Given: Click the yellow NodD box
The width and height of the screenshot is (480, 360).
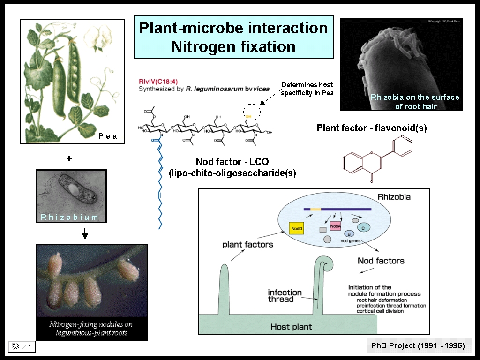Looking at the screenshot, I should (x=296, y=228).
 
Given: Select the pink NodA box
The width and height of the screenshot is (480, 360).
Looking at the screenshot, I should (x=335, y=226).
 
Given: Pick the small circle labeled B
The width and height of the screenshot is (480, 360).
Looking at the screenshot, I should (x=349, y=233).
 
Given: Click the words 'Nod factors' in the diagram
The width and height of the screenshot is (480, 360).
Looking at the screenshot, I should (x=381, y=261).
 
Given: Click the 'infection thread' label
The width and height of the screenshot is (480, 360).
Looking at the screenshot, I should (x=281, y=296).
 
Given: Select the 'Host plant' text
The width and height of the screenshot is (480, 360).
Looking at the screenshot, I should (x=291, y=326).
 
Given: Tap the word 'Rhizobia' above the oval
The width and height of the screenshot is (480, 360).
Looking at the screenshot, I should (x=394, y=197).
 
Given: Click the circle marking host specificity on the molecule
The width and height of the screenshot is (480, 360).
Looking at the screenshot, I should (x=251, y=112).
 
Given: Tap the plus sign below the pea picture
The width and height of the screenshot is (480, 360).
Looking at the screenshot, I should (x=69, y=158).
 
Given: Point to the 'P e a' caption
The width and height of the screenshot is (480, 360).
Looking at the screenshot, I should (x=107, y=136).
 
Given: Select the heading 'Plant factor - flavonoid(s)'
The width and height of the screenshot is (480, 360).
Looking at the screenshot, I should (x=372, y=128).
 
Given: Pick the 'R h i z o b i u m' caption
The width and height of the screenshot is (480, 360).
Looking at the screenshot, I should (x=70, y=217).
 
